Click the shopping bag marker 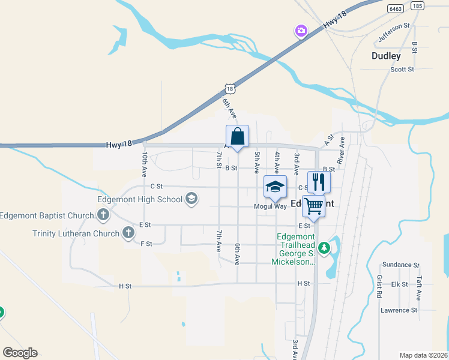pyautogui.click(x=237, y=136)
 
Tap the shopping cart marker pyautogui.click(x=313, y=206)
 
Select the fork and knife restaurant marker pyautogui.click(x=319, y=182)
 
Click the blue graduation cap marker pyautogui.click(x=275, y=187)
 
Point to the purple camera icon pyautogui.click(x=301, y=30)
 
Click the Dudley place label pyautogui.click(x=386, y=56)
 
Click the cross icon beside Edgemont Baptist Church pyautogui.click(x=103, y=214)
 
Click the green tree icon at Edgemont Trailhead pyautogui.click(x=324, y=247)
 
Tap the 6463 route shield pyautogui.click(x=395, y=9)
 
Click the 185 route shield pyautogui.click(x=418, y=6)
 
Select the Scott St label pyautogui.click(x=402, y=70)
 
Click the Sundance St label pyautogui.click(x=400, y=265)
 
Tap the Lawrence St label pyautogui.click(x=399, y=310)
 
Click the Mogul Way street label pyautogui.click(x=270, y=206)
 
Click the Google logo pyautogui.click(x=20, y=352)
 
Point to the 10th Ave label pyautogui.click(x=145, y=163)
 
